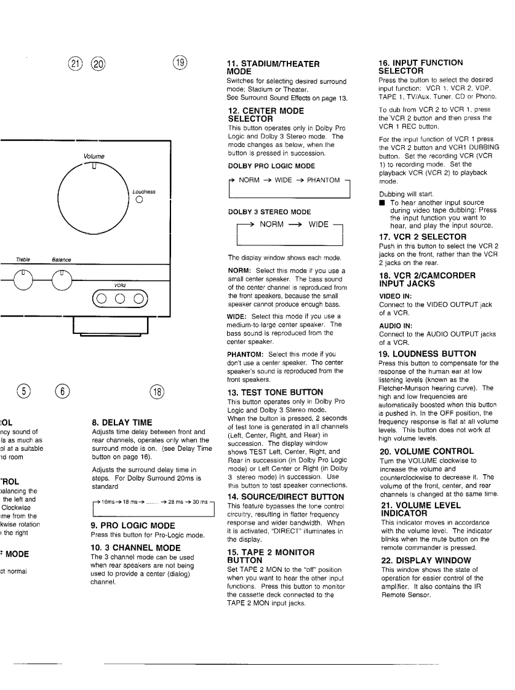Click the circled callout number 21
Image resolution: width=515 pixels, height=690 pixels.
click(x=76, y=63)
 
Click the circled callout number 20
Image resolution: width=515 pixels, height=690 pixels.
click(x=97, y=63)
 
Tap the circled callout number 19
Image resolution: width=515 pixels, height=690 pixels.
click(x=180, y=63)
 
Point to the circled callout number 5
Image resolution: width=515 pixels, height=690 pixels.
click(x=23, y=391)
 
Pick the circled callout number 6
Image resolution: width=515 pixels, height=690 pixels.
click(x=63, y=391)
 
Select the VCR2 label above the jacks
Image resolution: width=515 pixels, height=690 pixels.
click(x=120, y=285)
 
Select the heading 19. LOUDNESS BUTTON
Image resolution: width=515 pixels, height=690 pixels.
click(x=427, y=354)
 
